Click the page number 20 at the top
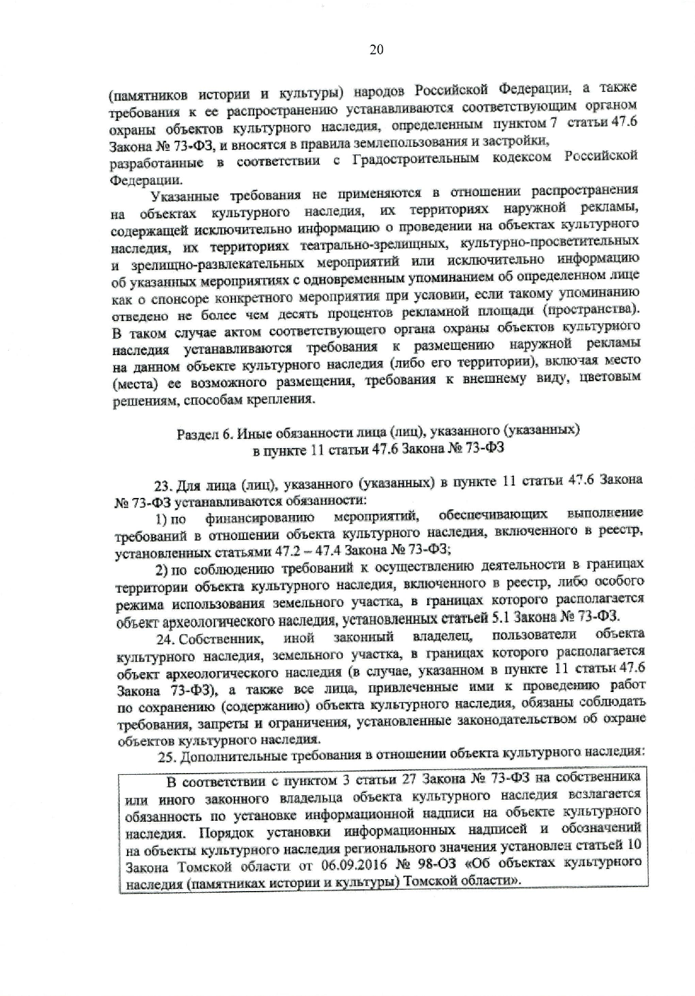click(376, 49)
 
